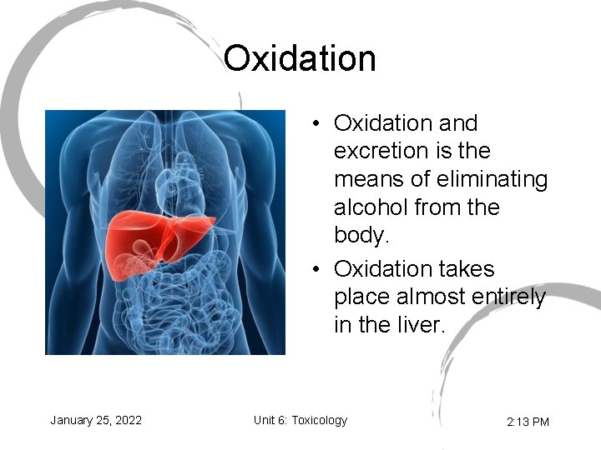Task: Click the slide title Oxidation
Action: coord(300,59)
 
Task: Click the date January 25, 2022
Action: coord(96,420)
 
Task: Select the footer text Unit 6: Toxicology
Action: coord(300,420)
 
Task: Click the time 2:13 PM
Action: coord(528,422)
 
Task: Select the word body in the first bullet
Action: coord(361,236)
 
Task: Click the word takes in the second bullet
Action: coord(465,269)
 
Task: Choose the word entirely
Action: coord(512,297)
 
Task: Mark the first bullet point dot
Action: coord(317,124)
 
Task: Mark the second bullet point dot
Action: coord(317,270)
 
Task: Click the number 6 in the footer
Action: coord(285,420)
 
